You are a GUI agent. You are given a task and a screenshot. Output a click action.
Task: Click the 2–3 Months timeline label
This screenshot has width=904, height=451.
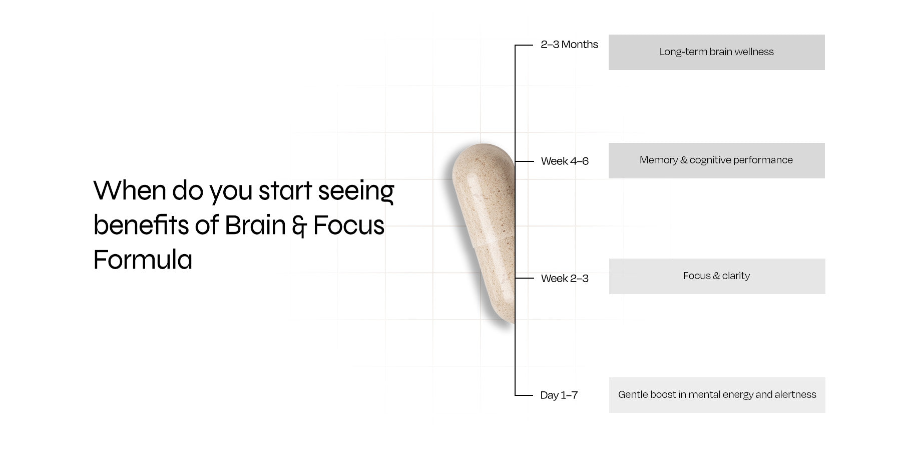569,45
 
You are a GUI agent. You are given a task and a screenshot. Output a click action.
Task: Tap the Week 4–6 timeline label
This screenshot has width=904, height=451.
565,161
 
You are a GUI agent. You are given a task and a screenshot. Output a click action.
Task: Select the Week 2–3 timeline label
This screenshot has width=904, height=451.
565,279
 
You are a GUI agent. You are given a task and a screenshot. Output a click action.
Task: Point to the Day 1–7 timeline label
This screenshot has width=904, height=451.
559,395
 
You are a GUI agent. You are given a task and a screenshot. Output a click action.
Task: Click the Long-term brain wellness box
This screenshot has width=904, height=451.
717,52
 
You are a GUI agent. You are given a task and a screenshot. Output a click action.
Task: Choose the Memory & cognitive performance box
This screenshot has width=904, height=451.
717,160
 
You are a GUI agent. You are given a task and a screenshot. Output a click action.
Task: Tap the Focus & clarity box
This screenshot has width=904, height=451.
717,276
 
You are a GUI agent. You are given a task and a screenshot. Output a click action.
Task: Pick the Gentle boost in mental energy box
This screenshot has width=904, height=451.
717,395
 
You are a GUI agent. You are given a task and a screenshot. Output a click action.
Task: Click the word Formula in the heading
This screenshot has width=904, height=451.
143,260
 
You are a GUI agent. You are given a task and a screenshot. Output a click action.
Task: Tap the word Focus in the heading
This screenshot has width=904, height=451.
349,225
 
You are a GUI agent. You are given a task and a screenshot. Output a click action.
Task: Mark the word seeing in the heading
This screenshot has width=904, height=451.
356,192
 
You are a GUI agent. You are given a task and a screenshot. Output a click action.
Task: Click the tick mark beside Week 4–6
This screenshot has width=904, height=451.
525,161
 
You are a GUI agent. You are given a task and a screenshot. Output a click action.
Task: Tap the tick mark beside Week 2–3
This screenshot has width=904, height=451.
525,278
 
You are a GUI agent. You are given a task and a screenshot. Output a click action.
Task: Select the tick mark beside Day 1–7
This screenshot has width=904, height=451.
524,395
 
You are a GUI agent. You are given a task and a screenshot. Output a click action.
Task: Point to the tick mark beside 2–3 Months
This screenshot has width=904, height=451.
524,45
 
